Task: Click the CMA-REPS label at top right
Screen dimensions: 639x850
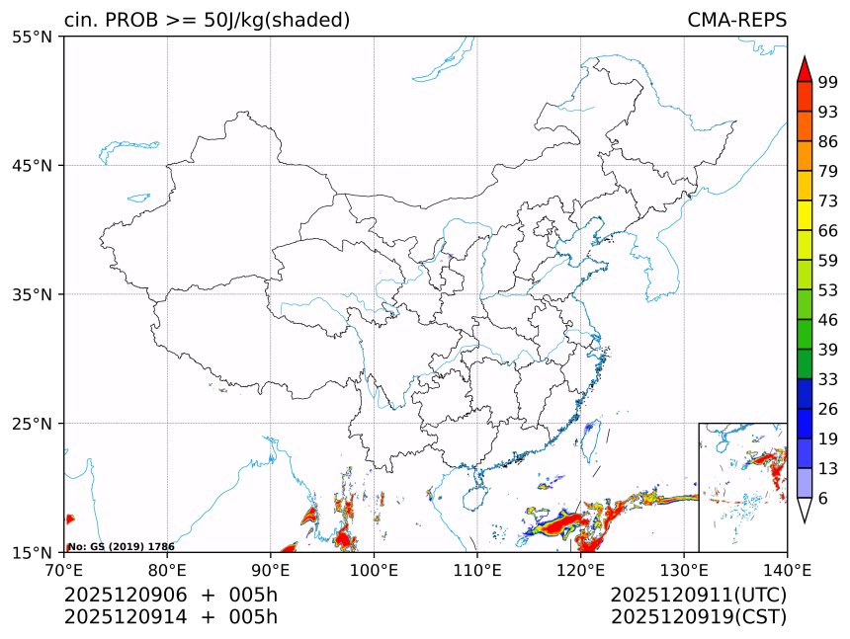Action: coord(736,21)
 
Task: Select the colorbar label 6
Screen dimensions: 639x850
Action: coord(822,499)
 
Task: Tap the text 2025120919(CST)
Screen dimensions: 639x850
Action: coord(698,617)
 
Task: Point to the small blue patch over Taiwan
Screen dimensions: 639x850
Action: coord(589,427)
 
